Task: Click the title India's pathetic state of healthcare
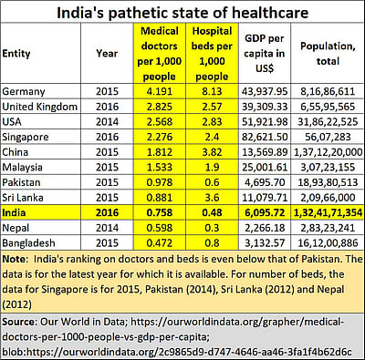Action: click(x=182, y=13)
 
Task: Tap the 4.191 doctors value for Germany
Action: click(x=159, y=92)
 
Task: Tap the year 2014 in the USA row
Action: click(x=106, y=121)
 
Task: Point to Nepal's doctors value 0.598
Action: click(x=159, y=224)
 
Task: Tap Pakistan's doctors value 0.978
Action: click(x=159, y=180)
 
